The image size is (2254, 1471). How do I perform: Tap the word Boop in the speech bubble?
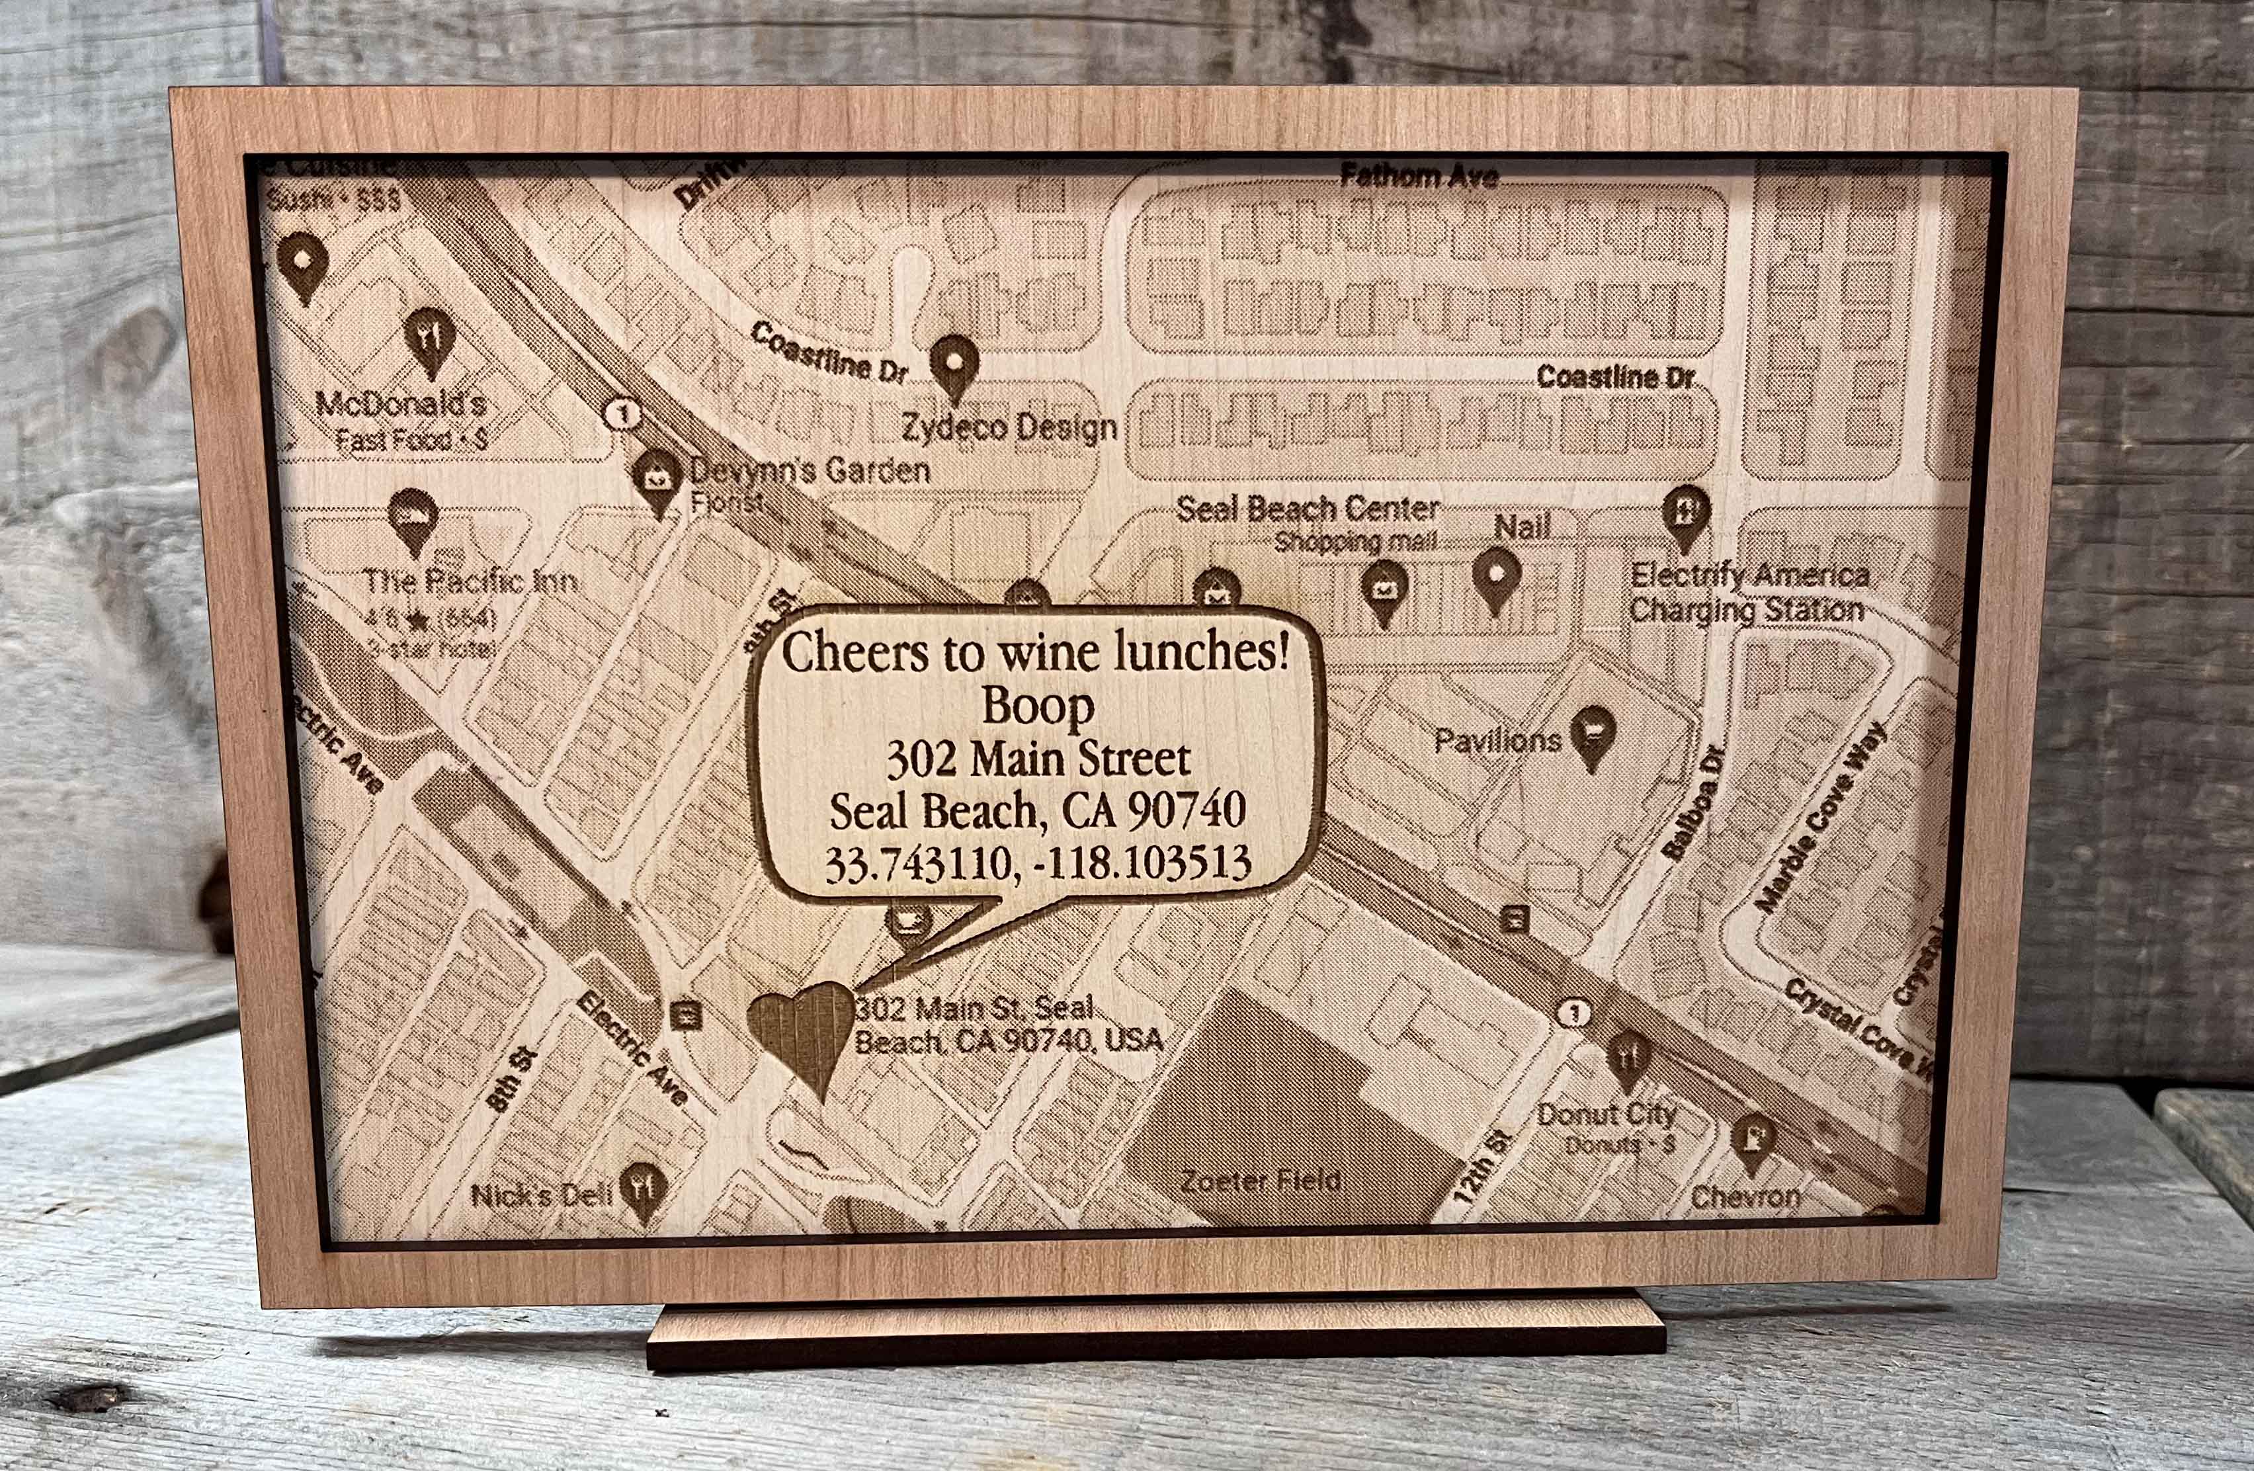coord(1037,706)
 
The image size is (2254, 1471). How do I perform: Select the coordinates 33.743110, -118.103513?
coord(1038,863)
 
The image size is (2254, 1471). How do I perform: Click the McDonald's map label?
coord(401,404)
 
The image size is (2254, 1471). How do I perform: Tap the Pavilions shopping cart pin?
coord(1592,736)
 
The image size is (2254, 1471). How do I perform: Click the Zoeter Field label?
coord(1261,1181)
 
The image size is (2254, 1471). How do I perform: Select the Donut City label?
coord(1607,1114)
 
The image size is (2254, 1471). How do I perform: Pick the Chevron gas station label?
coord(1745,1197)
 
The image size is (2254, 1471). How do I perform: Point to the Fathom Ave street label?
coord(1418,176)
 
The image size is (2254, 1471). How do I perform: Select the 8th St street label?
coord(513,1080)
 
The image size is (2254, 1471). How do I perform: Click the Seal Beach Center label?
coord(1307,509)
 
